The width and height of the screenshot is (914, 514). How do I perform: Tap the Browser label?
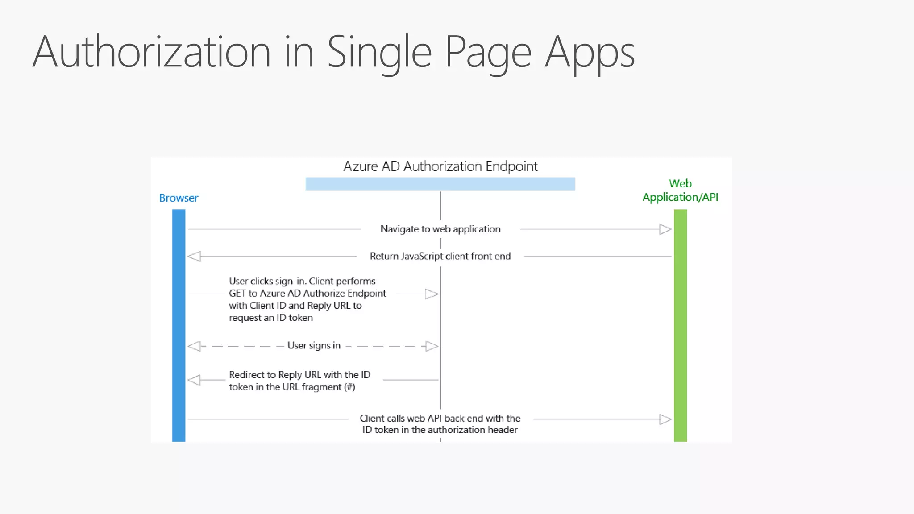[x=179, y=198]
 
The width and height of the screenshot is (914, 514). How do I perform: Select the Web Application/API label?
[x=680, y=191]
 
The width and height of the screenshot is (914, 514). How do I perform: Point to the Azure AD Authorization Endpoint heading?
[x=440, y=166]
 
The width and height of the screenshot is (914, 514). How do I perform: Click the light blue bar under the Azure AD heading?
[x=440, y=184]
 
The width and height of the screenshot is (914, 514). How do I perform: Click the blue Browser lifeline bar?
[x=179, y=326]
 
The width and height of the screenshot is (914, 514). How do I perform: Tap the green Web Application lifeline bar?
[x=680, y=326]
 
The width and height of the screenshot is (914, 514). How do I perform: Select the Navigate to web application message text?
[x=440, y=229]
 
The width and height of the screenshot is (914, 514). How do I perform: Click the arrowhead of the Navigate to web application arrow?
[x=665, y=229]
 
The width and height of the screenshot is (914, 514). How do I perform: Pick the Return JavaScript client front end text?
[x=440, y=256]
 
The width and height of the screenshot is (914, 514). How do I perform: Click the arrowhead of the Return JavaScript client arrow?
[x=194, y=257]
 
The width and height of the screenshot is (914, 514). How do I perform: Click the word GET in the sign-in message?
[x=237, y=293]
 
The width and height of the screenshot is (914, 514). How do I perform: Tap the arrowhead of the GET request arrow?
[x=432, y=294]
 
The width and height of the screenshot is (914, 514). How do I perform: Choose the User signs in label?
[x=314, y=345]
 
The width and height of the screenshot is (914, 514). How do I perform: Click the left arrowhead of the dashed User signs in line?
[x=194, y=346]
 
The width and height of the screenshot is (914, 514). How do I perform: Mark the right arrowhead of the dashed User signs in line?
[x=432, y=346]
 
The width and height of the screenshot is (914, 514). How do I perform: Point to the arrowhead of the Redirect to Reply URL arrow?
[x=194, y=380]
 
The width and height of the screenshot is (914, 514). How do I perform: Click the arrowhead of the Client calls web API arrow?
[x=665, y=419]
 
